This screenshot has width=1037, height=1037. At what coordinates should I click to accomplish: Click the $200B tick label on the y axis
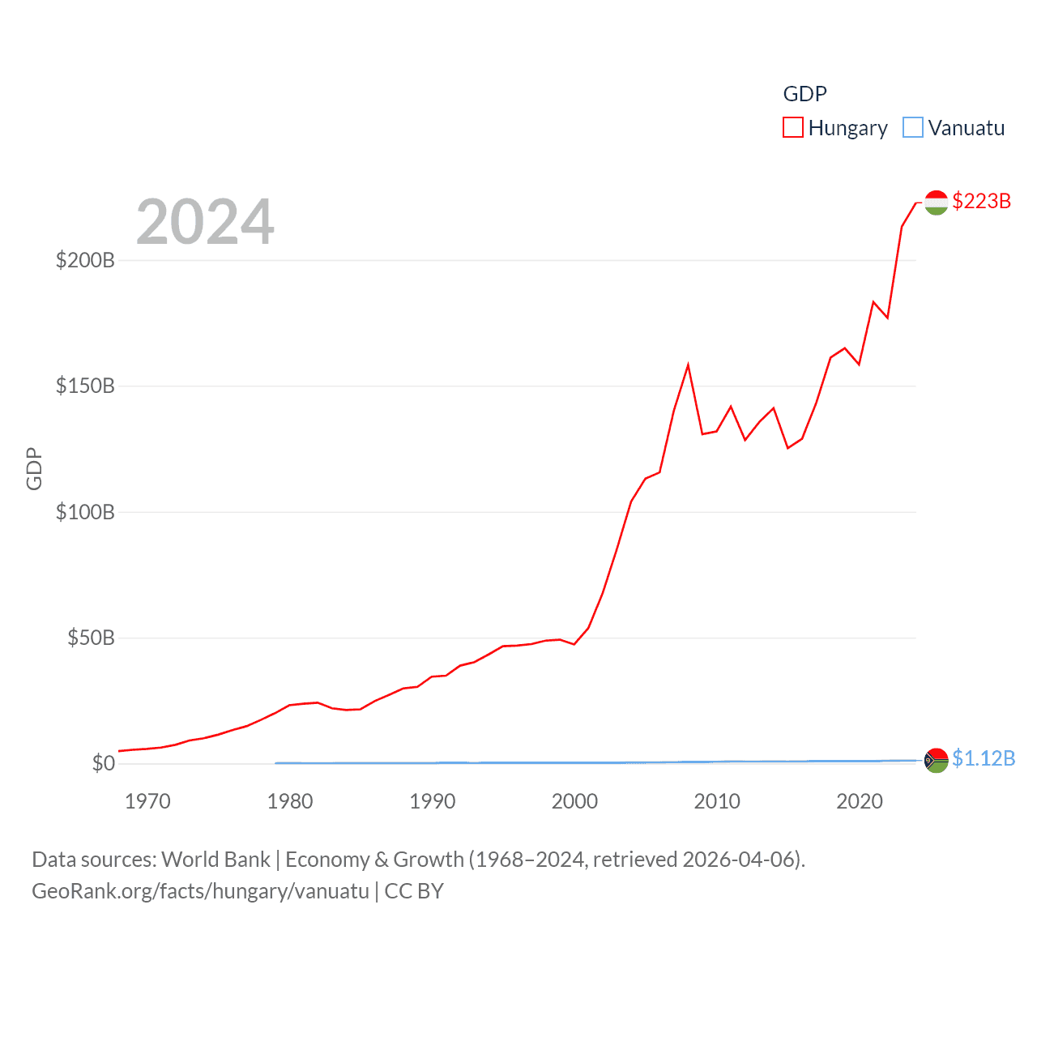tap(85, 260)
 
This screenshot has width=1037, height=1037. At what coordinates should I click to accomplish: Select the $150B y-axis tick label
tap(85, 386)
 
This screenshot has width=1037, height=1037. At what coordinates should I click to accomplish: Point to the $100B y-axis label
tap(85, 512)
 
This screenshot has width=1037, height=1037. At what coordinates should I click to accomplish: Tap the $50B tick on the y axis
tap(91, 638)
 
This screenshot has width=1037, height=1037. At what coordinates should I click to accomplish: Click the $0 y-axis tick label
tap(104, 763)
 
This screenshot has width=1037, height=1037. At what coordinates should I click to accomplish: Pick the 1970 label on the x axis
tap(147, 801)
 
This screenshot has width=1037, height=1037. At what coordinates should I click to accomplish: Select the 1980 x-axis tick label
tap(290, 801)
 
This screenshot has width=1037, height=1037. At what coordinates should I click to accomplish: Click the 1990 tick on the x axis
tap(433, 801)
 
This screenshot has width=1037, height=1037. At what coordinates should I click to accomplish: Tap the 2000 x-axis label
tap(574, 801)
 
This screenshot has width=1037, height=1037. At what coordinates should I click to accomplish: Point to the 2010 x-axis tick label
tap(717, 801)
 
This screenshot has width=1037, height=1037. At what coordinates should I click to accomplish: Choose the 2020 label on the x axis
tap(860, 801)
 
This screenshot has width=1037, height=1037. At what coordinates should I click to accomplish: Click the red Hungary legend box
tap(793, 128)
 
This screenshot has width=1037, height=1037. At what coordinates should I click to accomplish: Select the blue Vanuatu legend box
tap(913, 128)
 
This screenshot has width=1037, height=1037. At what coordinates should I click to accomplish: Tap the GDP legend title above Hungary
tap(804, 94)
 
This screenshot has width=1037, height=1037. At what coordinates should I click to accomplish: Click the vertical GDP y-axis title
tap(34, 468)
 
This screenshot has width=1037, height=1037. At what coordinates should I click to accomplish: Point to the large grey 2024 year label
tap(205, 222)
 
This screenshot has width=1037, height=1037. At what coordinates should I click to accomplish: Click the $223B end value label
tap(981, 201)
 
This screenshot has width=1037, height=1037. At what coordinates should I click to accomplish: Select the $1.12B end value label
tap(984, 758)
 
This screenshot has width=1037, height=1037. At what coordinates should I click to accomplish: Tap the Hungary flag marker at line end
tap(936, 203)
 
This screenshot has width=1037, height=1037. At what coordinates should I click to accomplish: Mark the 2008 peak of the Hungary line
tap(688, 365)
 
